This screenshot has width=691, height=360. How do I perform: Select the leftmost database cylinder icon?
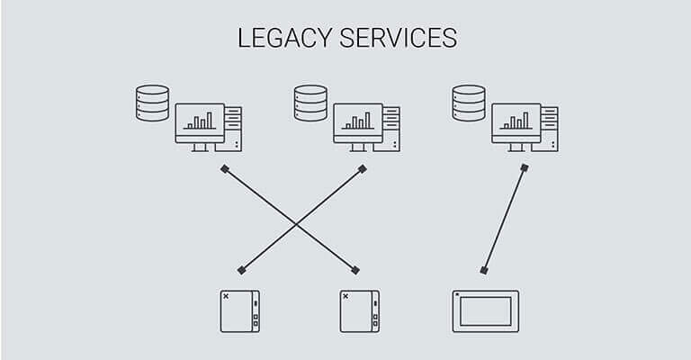(x=152, y=103)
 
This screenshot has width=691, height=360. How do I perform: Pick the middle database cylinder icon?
(x=310, y=103)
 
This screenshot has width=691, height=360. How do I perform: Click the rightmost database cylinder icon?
(x=469, y=103)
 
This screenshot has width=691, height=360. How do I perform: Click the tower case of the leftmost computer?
(x=234, y=128)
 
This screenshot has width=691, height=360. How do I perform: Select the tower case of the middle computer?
(x=392, y=128)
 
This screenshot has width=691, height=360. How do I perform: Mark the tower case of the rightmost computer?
(x=550, y=128)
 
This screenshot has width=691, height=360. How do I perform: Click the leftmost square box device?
(x=240, y=310)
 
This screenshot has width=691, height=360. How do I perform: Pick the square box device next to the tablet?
(x=359, y=310)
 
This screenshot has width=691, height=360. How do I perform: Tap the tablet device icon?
(x=486, y=310)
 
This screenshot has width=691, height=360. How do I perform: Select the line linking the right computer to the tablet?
(x=505, y=219)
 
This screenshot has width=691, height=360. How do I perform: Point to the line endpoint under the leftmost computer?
(x=224, y=168)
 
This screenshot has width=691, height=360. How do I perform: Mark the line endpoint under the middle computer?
(x=362, y=168)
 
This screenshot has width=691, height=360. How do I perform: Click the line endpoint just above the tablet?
(x=484, y=270)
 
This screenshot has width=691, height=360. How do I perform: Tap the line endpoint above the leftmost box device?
(x=241, y=270)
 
